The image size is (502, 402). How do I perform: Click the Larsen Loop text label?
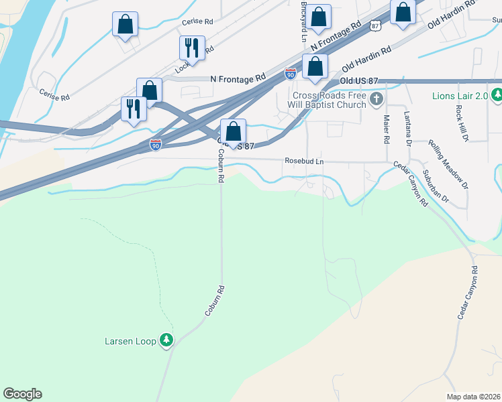(x=130, y=341)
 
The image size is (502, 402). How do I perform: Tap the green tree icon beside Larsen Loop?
(x=166, y=341)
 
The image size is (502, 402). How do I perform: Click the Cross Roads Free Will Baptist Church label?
(x=329, y=100)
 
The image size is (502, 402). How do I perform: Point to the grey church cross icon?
(x=376, y=100)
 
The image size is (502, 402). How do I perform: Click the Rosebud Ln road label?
(x=304, y=161)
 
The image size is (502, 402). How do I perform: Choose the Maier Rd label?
(x=387, y=129)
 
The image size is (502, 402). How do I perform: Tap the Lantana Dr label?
(x=407, y=129)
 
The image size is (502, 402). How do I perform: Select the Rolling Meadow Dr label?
(x=447, y=161)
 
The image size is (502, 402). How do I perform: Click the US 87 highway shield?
(x=374, y=25)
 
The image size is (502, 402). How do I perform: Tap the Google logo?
(x=22, y=394)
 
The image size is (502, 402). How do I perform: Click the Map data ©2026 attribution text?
(x=473, y=397)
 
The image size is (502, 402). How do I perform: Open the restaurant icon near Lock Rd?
(x=192, y=48)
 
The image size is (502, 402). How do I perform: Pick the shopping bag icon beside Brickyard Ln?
(x=319, y=18)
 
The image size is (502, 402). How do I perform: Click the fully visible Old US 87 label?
(x=360, y=81)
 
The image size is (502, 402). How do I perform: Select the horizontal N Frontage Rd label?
(x=238, y=78)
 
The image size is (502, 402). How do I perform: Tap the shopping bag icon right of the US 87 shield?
(x=403, y=13)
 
